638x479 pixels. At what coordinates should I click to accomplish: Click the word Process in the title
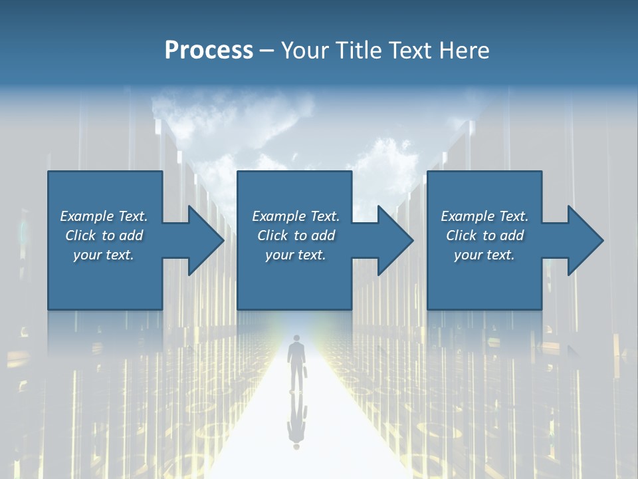click(209, 51)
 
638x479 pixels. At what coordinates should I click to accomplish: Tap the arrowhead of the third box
click(584, 240)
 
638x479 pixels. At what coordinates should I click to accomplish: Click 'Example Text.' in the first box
click(104, 216)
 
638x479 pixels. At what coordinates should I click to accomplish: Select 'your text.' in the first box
click(104, 255)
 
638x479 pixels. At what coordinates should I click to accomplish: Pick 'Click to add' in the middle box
click(296, 236)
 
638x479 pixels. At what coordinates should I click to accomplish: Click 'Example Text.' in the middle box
click(296, 216)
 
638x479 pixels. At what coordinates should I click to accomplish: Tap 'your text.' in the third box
click(484, 255)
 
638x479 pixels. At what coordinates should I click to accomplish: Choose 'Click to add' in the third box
click(484, 236)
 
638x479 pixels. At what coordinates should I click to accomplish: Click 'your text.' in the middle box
click(296, 255)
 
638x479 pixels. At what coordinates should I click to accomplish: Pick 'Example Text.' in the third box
click(484, 216)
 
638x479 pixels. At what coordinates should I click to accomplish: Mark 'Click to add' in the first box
click(104, 236)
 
